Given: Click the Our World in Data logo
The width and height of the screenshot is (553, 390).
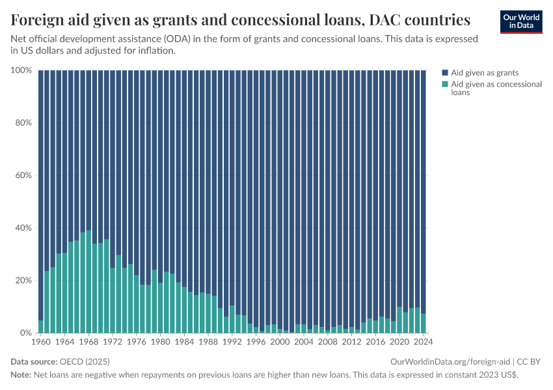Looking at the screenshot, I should click(521, 21).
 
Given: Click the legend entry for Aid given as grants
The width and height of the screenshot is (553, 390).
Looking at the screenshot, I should click(484, 73).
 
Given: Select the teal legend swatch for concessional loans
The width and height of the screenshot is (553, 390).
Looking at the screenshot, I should click(445, 84).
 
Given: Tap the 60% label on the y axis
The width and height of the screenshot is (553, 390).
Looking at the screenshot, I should click(23, 175).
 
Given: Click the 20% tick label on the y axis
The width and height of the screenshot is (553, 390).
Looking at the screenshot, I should click(23, 280).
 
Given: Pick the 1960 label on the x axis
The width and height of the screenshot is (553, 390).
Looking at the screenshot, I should click(40, 341).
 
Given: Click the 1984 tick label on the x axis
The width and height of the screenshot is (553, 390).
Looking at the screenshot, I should click(184, 341).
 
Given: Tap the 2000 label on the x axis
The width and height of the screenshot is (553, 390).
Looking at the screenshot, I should click(280, 341).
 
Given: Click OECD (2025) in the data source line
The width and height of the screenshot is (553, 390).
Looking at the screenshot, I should click(85, 361).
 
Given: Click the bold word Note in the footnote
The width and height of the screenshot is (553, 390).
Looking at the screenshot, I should click(21, 375).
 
